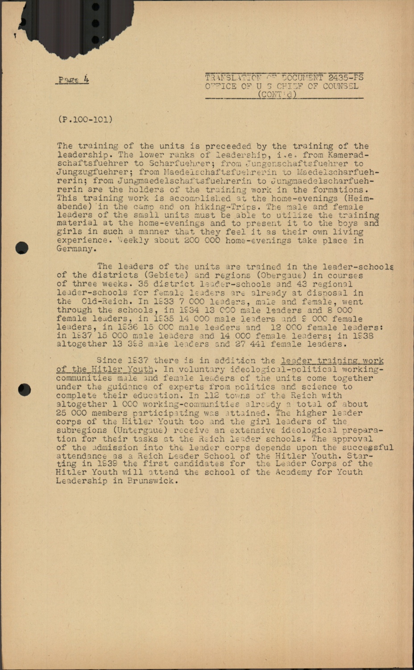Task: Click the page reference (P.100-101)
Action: tap(85, 119)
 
